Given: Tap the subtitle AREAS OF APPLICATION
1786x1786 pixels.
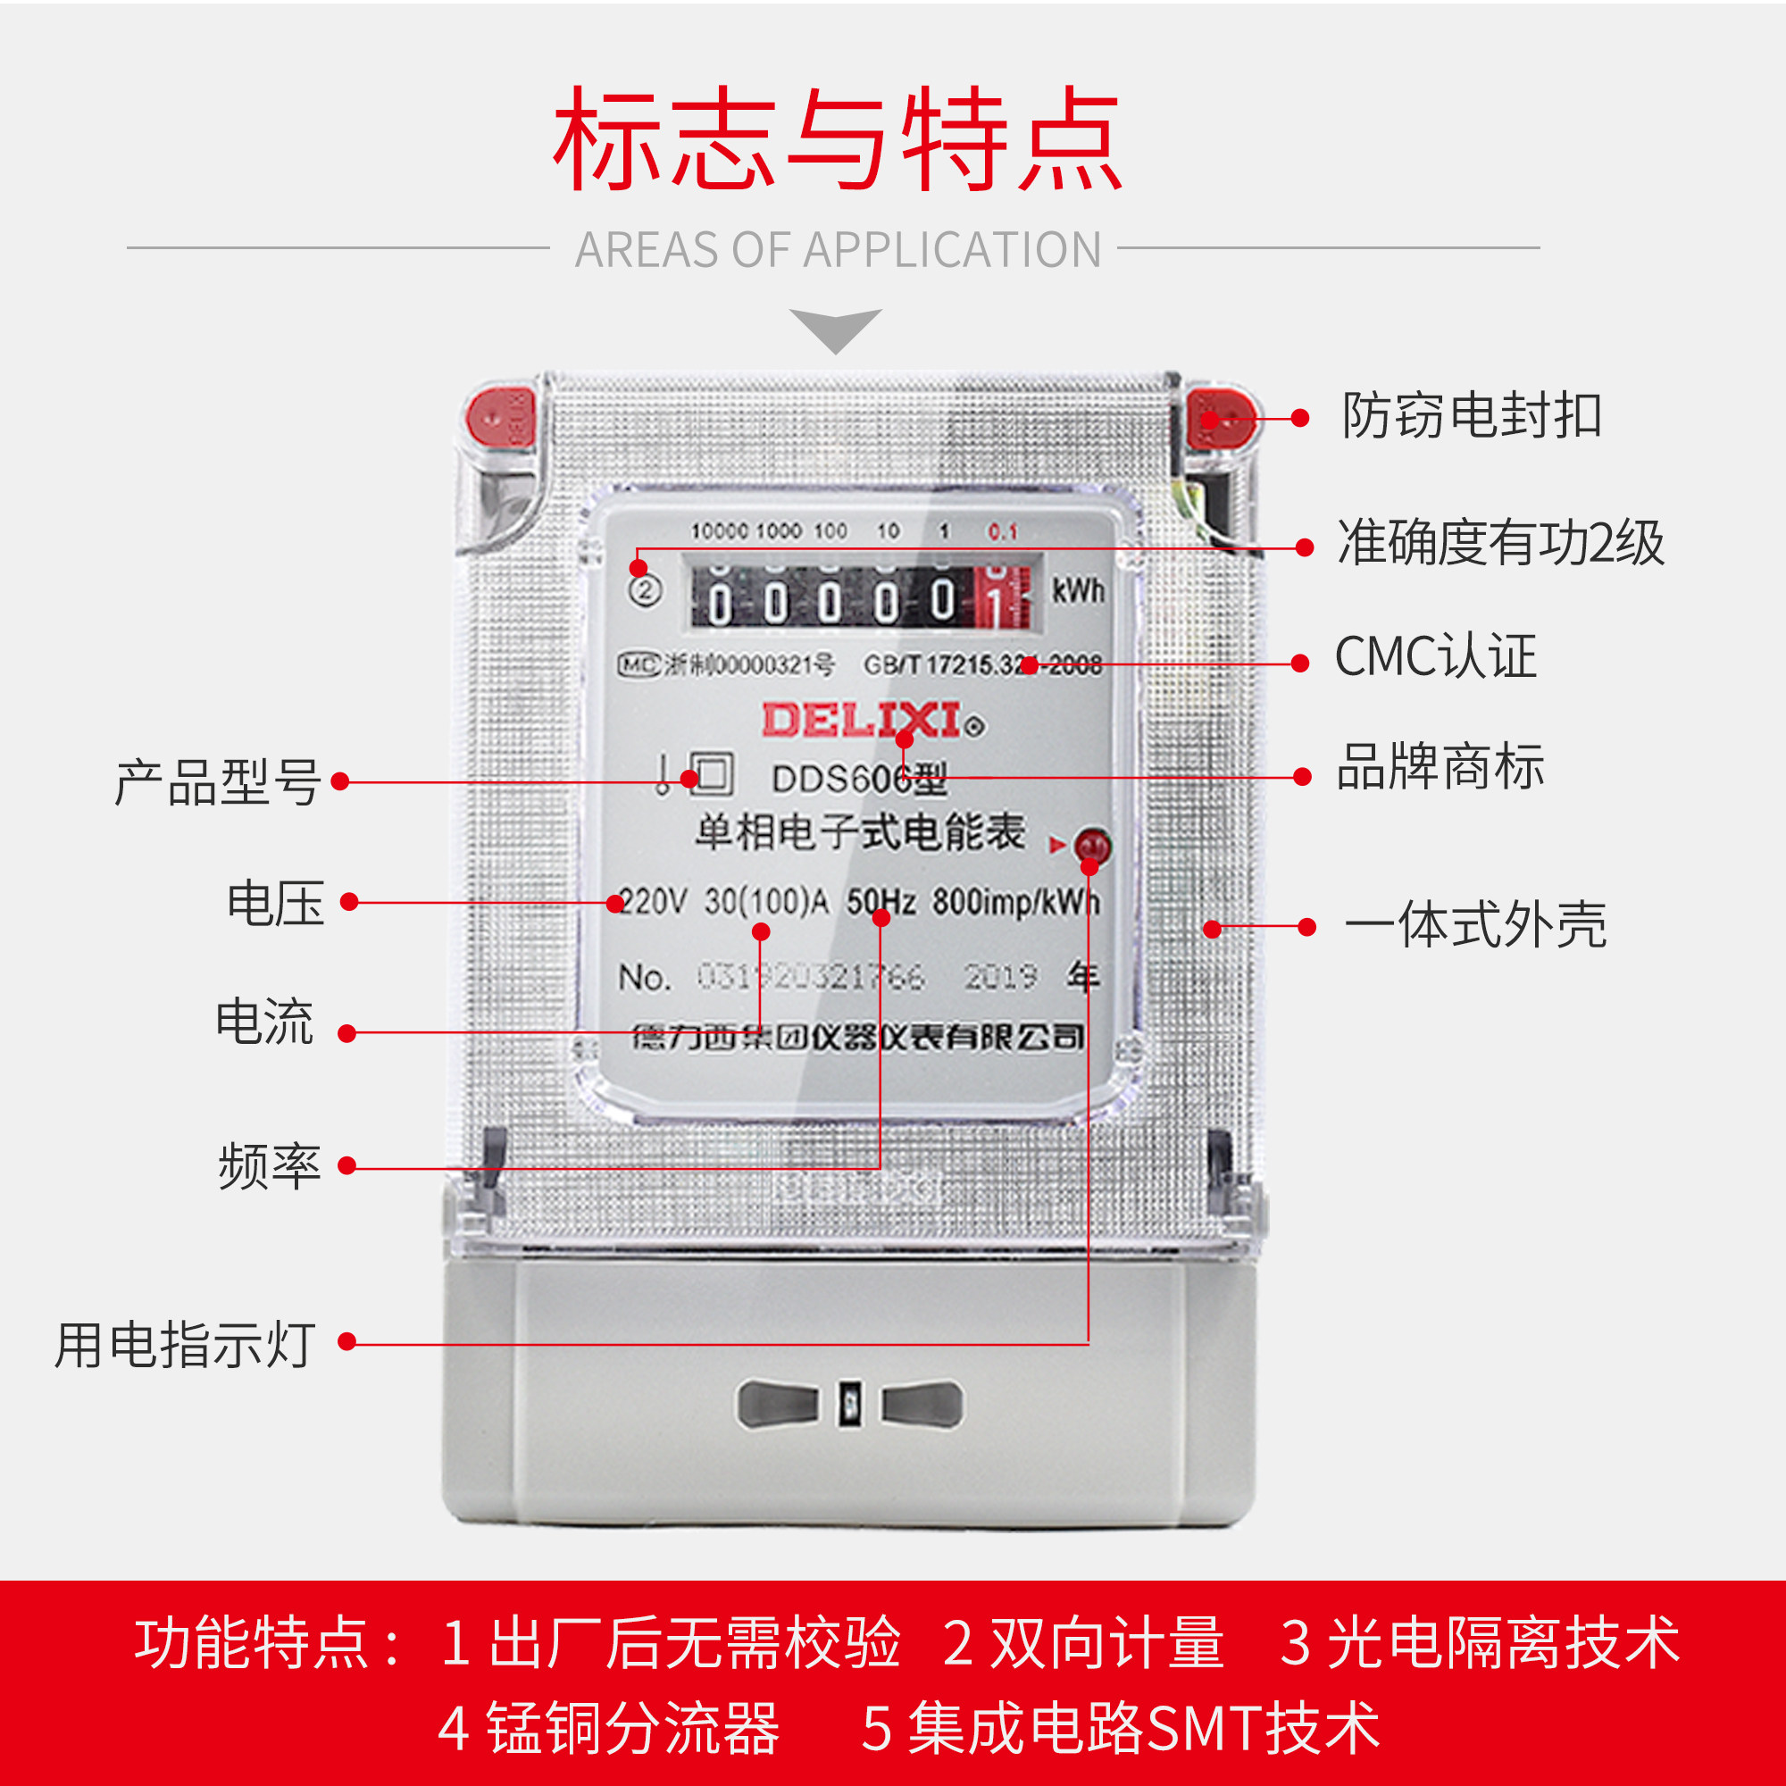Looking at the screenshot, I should point(838,250).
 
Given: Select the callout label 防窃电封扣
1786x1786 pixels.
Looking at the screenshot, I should point(1472,415).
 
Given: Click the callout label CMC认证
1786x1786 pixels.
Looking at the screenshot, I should point(1435,657).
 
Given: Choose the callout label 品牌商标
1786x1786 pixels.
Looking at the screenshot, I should point(1440,766).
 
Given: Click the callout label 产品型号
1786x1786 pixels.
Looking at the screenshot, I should point(218,782).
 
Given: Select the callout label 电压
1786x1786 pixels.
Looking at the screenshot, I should point(275,903).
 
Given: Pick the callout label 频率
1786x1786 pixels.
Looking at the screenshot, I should point(269,1165).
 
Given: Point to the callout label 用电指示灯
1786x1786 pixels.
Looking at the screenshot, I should point(185,1344).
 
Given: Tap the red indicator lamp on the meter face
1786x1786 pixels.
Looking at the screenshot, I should point(1094,845).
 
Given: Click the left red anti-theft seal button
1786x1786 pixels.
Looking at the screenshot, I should point(499,418).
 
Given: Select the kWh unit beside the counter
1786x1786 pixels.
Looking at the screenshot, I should point(1078,589).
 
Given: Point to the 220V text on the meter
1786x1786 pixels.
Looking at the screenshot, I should point(652,900).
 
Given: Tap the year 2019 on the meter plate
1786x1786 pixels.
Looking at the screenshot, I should point(1000,976).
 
